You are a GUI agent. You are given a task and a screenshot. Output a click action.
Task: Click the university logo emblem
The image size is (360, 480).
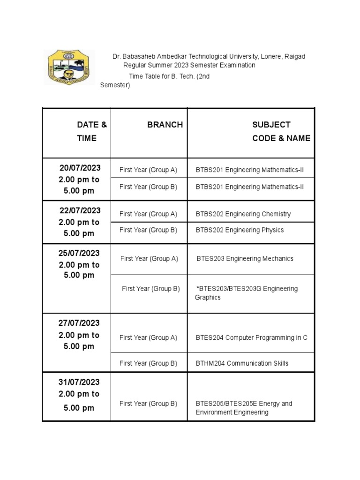coord(69,67)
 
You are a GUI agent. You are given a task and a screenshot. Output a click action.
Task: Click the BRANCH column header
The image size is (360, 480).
coord(165,125)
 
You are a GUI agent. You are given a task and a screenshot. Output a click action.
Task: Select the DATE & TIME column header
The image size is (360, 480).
coord(89,131)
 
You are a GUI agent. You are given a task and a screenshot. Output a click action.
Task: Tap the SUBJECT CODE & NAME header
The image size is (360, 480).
coord(281,131)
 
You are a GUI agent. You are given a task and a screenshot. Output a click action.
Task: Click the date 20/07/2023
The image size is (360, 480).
coord(80,168)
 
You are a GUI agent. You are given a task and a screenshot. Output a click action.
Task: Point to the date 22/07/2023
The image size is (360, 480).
coord(80,210)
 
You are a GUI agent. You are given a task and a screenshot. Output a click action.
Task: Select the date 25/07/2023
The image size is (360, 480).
coord(79,253)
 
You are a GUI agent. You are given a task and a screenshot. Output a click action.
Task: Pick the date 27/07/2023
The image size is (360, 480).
coord(80,323)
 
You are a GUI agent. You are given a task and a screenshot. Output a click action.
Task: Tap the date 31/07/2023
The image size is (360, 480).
coord(79,382)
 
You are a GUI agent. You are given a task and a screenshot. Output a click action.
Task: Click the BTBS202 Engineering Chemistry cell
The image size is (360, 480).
coord(243,214)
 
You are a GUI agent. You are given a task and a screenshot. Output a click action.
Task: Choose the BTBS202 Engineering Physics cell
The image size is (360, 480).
coord(240,230)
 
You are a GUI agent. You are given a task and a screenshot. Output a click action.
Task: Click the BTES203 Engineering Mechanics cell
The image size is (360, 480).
coord(245,259)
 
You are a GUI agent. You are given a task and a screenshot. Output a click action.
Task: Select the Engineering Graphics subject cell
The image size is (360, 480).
coord(247,293)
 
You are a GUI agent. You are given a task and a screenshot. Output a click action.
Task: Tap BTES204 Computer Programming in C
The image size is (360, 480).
coord(251,337)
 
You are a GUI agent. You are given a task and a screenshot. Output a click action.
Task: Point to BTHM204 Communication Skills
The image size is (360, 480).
coord(242,363)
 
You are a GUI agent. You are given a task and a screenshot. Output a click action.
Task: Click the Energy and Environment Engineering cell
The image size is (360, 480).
coord(244,408)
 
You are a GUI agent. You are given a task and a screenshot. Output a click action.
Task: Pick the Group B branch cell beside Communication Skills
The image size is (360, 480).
coord(148,363)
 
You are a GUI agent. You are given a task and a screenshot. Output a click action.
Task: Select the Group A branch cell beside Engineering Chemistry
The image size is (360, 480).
coord(148,214)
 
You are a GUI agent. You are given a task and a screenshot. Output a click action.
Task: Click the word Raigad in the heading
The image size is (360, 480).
coord(294,57)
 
